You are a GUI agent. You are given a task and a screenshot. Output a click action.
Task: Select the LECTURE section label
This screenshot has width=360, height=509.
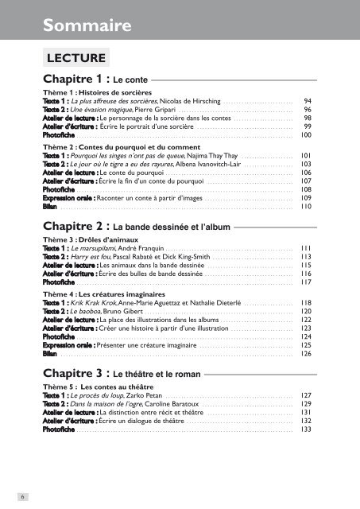click(75, 58)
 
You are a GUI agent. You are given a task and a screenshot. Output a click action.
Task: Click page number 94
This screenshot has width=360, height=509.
click(307, 102)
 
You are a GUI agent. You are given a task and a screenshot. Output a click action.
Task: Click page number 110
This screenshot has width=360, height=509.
click(305, 205)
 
